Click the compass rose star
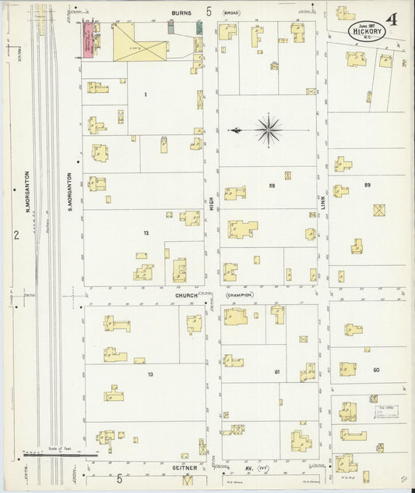point(268,129)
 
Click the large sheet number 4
point(391,20)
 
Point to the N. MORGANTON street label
point(26,193)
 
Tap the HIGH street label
point(211,203)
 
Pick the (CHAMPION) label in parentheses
point(238,296)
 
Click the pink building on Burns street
point(90,38)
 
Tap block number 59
point(367,185)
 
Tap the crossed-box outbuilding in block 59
point(379,210)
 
